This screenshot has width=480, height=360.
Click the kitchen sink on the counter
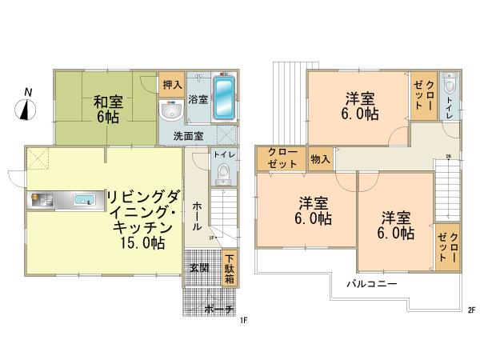coord(81,201)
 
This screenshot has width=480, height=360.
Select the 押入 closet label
coord(171,84)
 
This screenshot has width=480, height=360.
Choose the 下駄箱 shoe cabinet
coord(229,270)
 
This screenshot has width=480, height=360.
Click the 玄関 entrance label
coord(199,267)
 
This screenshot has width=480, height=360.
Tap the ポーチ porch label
coord(218,309)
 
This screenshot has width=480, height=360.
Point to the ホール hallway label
coord(197,215)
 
